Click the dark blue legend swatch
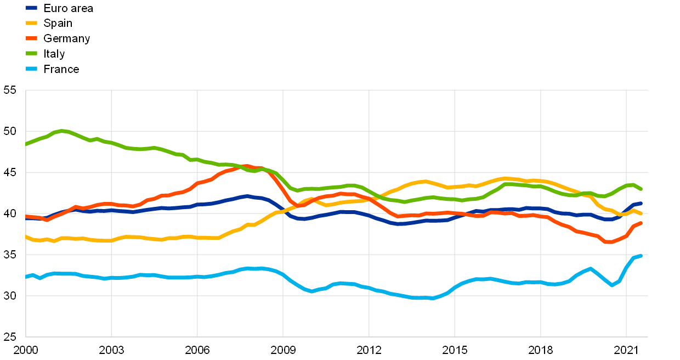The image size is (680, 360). [31, 8]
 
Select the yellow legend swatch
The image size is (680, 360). [31, 23]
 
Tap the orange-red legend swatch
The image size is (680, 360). [31, 38]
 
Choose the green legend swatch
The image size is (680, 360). [31, 53]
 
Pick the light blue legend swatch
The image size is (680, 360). [31, 69]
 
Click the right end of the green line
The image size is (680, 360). [641, 189]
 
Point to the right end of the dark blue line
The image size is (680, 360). [641, 204]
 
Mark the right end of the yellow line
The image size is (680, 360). [641, 213]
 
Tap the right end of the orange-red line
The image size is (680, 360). [641, 223]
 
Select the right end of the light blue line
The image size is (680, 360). [641, 256]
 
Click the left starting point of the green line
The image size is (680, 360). [26, 144]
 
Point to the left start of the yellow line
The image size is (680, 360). [26, 237]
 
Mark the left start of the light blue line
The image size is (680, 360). [26, 277]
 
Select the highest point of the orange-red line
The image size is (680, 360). [247, 166]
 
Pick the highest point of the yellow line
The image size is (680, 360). [506, 178]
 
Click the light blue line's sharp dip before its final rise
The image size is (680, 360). [612, 285]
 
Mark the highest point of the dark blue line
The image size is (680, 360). [247, 196]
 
